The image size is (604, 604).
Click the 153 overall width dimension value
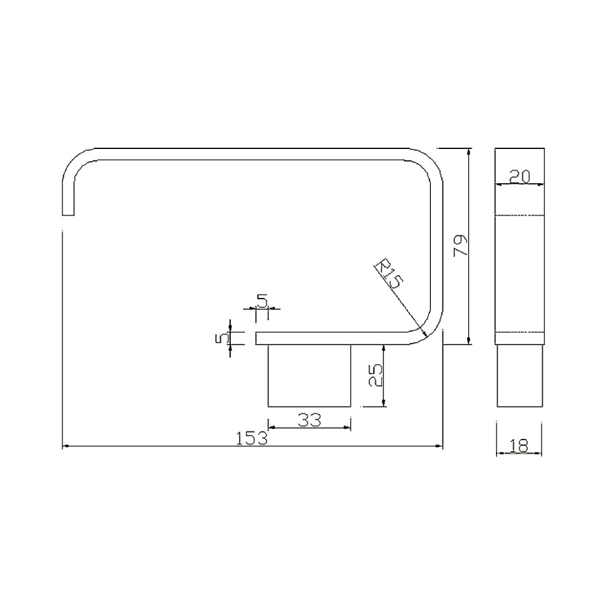pyautogui.click(x=252, y=439)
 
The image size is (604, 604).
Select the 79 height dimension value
pyautogui.click(x=460, y=246)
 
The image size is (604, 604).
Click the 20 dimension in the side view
pyautogui.click(x=520, y=177)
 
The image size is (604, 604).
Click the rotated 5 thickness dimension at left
pyautogui.click(x=219, y=338)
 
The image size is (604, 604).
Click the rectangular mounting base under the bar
pyautogui.click(x=309, y=375)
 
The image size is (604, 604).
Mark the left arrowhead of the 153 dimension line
pyautogui.click(x=64, y=446)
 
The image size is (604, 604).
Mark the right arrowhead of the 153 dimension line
pyautogui.click(x=442, y=446)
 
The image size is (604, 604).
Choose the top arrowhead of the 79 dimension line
pyautogui.click(x=468, y=151)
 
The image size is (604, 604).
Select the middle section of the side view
pyautogui.click(x=519, y=273)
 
